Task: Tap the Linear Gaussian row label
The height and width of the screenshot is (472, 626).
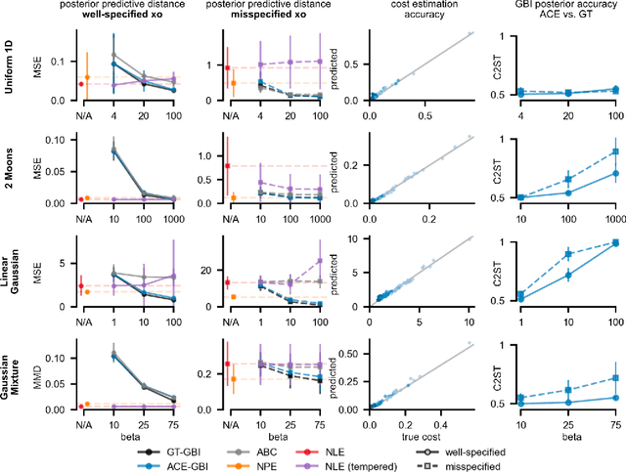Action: pyautogui.click(x=9, y=270)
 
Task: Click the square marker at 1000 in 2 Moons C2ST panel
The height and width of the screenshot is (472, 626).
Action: pyautogui.click(x=612, y=151)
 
